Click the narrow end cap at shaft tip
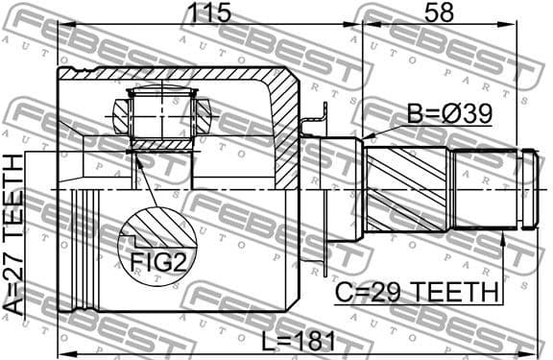529,189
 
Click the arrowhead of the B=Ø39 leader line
369,138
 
